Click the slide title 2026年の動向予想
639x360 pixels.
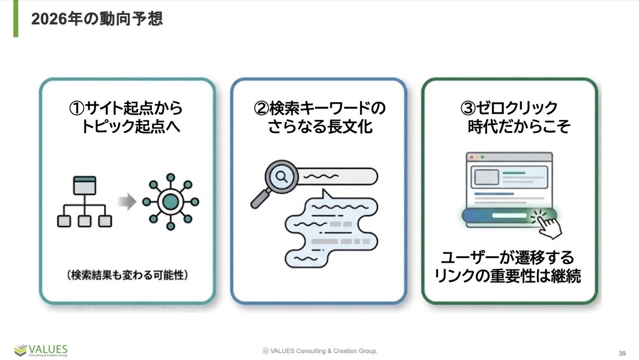pos(96,20)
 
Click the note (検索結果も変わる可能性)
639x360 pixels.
pos(128,276)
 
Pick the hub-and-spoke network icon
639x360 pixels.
pos(170,201)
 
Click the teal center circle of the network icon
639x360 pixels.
pos(170,201)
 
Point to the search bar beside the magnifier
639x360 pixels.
pos(337,175)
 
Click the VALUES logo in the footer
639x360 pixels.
pos(41,350)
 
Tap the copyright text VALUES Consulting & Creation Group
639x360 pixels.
pos(320,351)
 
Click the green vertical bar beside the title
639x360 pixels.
pos(16,19)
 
